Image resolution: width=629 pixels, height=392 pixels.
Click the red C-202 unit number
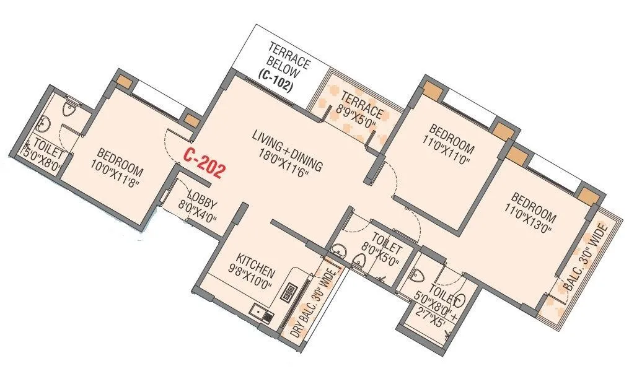pyautogui.click(x=203, y=163)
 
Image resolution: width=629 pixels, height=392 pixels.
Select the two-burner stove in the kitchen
pyautogui.click(x=289, y=292)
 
